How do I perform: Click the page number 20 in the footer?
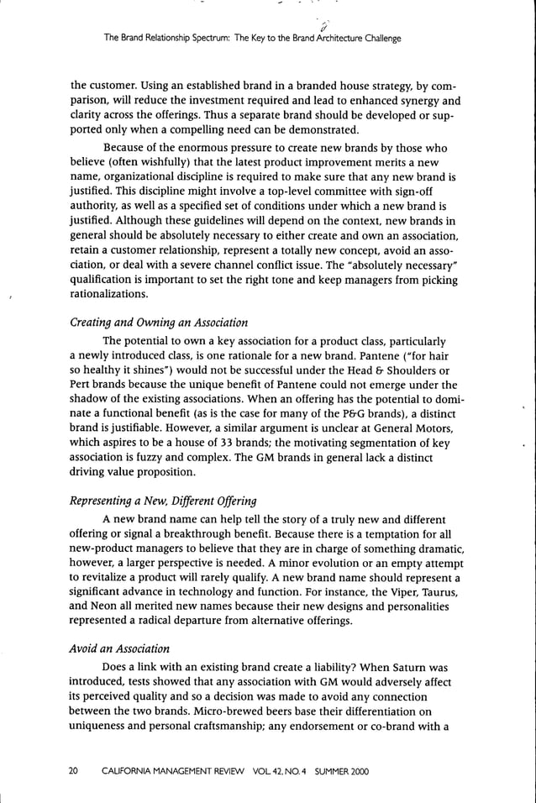(x=74, y=771)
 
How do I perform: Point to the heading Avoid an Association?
(x=120, y=648)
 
